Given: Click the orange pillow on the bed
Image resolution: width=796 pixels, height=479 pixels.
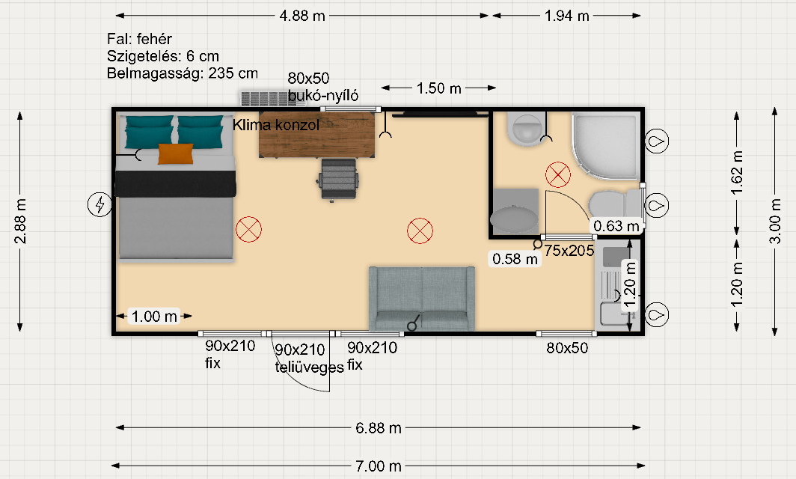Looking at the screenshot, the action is coord(176,154).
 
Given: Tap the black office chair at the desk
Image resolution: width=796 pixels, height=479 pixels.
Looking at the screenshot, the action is coord(339,180).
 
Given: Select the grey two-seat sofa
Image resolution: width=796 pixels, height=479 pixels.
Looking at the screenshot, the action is coord(422,299).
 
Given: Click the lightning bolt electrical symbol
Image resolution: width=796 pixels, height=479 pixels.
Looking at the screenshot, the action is coord(100,205).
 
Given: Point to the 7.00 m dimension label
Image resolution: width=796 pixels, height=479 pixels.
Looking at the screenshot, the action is coord(379,466).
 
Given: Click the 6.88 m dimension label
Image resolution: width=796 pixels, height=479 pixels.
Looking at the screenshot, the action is coord(379,428).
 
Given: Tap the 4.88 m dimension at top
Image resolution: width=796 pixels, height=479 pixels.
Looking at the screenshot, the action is coord(302,16).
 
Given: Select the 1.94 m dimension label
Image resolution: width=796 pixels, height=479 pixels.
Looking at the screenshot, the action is coord(566,16).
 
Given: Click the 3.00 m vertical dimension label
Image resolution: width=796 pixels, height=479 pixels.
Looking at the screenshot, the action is coord(775,221).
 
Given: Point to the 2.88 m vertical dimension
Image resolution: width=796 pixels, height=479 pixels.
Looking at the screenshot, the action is coord(20,221).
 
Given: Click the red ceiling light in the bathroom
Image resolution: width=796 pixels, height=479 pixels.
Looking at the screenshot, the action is coord(558,174).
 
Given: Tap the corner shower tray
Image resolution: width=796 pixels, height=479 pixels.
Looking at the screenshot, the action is coord(606,146).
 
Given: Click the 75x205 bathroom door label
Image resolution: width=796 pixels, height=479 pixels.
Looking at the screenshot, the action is coord(569,251).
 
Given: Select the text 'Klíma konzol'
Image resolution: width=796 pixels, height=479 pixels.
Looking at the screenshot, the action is coord(276,125).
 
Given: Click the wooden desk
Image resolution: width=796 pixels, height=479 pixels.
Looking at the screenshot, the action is coord(317,135).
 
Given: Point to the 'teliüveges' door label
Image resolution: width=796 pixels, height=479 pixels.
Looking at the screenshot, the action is coord(310,367).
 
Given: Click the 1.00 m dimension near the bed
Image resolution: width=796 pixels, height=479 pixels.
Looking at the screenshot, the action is coord(154,317).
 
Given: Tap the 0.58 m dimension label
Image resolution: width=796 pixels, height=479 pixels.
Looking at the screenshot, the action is coord(515,259).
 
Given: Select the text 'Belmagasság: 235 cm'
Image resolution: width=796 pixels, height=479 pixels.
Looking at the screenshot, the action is coord(183,73).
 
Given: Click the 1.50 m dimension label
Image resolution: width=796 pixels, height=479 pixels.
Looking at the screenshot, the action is coord(438,88).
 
